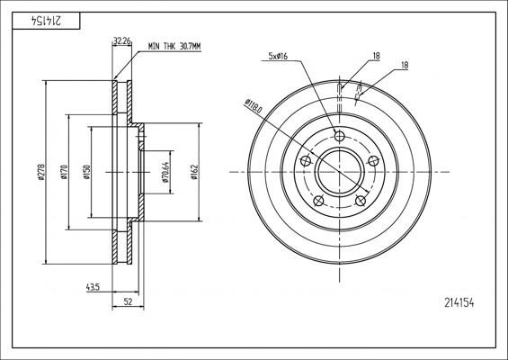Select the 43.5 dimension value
tap(93, 287)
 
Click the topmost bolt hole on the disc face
tap(339, 136)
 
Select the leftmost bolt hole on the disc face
tap(305, 160)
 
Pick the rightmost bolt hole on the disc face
tap(373, 160)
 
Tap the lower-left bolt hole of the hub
tap(318, 200)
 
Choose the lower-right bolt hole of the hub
tap(360, 200)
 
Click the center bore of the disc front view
tap(339, 171)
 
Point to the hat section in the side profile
tap(138, 170)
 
